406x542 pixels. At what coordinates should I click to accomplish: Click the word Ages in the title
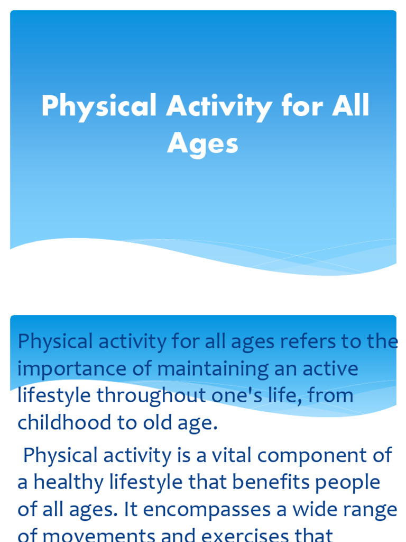tap(203, 144)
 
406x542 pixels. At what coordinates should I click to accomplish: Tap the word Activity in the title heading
tap(219, 106)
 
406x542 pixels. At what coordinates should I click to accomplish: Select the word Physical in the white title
tap(99, 106)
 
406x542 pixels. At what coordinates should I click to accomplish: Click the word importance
tap(71, 369)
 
